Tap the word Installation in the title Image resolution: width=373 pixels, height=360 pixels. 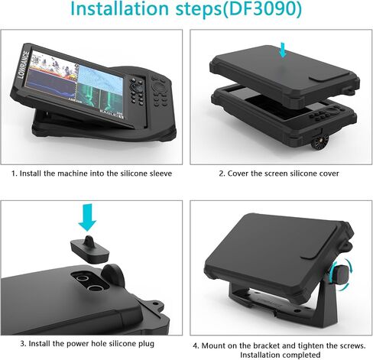tap(119, 8)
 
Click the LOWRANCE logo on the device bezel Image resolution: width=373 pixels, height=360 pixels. tap(24, 64)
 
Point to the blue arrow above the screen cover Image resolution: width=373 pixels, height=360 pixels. tap(282, 50)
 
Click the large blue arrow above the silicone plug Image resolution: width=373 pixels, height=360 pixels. tap(87, 217)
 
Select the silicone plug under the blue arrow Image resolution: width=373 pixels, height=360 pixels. tap(89, 249)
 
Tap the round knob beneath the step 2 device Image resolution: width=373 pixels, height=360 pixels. tap(319, 144)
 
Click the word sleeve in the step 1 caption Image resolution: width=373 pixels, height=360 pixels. tap(161, 174)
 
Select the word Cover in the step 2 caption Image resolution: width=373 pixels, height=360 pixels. tap(238, 174)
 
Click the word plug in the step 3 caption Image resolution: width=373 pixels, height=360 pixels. tap(146, 344)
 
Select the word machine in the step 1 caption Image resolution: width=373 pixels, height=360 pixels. tap(67, 174)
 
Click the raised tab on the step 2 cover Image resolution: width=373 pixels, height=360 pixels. tap(329, 76)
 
